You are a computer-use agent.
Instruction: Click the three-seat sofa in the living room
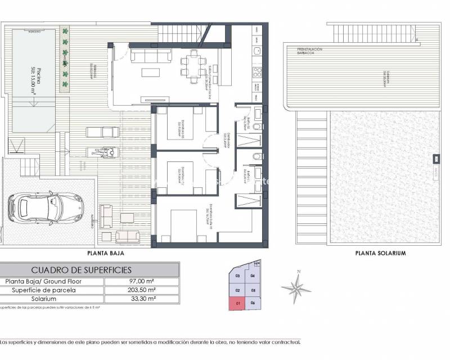150,56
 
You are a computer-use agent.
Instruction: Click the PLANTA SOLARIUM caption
381,253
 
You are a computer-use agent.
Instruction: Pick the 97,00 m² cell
141,281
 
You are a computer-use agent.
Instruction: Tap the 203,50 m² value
141,290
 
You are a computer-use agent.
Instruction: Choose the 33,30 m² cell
141,299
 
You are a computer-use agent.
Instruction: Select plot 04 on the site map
253,276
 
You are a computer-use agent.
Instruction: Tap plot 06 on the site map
254,304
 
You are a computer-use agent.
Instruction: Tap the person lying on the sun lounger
102,151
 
